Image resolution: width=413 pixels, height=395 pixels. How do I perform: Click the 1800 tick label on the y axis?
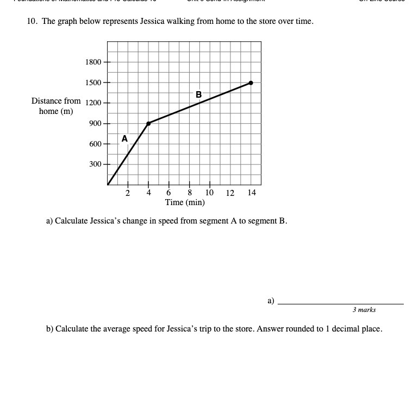(93, 62)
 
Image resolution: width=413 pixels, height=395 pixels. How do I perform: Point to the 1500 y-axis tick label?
(93, 82)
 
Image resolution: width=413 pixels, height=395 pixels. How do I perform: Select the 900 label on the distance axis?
(95, 124)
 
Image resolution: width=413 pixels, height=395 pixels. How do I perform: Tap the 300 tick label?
(95, 164)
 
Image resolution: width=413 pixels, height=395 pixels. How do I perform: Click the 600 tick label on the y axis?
(95, 144)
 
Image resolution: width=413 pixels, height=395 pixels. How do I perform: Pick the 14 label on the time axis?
(251, 193)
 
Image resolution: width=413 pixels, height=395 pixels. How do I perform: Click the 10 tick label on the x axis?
(210, 193)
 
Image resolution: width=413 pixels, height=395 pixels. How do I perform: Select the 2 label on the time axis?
(128, 193)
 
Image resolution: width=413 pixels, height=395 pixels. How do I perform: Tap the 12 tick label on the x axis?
(230, 193)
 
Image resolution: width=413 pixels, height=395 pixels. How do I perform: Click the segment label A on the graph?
(124, 139)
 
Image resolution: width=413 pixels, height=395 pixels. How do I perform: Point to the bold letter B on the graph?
(198, 94)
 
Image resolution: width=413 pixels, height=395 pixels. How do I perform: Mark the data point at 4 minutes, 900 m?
(148, 123)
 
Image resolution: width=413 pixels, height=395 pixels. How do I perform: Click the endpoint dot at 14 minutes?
(251, 83)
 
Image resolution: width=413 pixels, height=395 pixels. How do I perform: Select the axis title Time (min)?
(185, 202)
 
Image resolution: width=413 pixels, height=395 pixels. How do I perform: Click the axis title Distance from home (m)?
(56, 106)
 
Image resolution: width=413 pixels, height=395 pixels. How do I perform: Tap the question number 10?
(32, 22)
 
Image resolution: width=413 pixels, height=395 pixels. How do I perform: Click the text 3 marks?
(364, 310)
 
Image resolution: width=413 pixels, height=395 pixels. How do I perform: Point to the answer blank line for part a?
(340, 304)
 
